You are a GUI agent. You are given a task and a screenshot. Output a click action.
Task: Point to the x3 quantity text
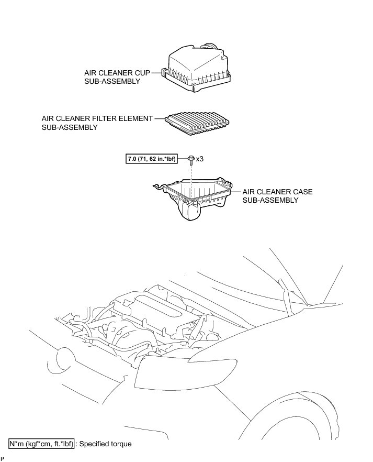pos(199,158)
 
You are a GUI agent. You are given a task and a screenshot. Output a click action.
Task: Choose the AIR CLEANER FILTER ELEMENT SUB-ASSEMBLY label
pos(97,123)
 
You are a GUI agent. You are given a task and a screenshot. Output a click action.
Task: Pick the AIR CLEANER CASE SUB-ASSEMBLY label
pos(277,196)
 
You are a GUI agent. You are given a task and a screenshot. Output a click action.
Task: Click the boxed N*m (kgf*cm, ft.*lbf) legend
pos(42,444)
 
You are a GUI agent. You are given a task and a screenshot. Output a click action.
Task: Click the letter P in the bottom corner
pos(3,458)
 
